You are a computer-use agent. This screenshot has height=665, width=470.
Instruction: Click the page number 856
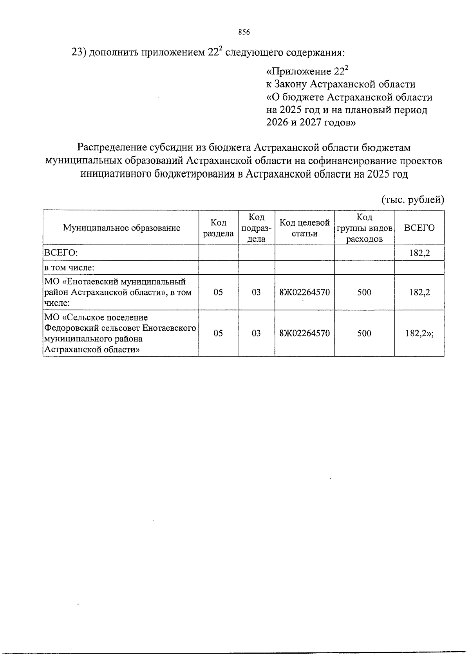(x=244, y=33)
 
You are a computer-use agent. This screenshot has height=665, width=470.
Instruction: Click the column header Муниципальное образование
(x=121, y=228)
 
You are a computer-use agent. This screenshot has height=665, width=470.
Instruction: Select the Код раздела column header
(x=218, y=228)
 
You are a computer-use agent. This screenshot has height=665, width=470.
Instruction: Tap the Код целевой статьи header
(x=304, y=228)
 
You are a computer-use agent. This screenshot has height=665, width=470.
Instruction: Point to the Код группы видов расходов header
(x=364, y=228)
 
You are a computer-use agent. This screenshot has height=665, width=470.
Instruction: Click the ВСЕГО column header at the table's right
(x=419, y=228)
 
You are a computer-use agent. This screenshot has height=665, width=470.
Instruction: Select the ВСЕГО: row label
(x=61, y=253)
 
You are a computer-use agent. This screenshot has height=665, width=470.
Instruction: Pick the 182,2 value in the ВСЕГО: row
(x=419, y=253)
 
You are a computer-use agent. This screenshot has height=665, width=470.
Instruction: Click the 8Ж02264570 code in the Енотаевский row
(x=304, y=292)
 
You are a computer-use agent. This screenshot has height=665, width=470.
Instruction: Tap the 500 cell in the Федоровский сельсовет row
(x=364, y=333)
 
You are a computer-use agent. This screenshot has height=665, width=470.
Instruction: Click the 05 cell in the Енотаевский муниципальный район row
(x=218, y=292)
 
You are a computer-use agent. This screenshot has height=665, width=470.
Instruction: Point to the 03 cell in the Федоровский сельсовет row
(x=256, y=333)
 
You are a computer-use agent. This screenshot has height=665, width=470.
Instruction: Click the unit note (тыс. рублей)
(x=413, y=200)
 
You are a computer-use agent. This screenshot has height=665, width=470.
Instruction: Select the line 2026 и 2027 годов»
(x=311, y=123)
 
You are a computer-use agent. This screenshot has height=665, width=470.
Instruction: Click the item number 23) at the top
(x=79, y=52)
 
